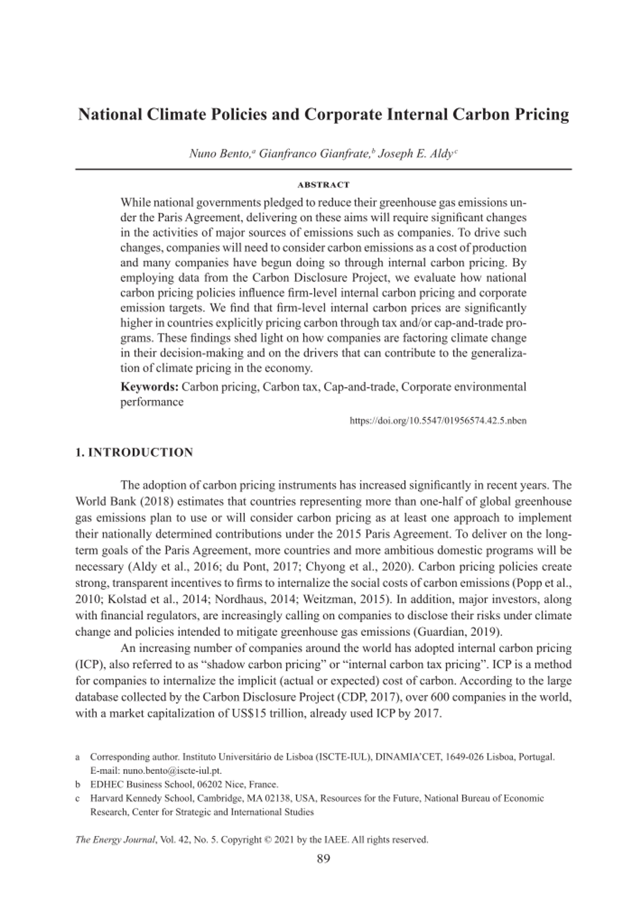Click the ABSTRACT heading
click(x=323, y=185)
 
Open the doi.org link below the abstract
click(x=438, y=420)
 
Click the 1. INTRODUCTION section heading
click(x=134, y=452)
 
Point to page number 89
click(x=323, y=859)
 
